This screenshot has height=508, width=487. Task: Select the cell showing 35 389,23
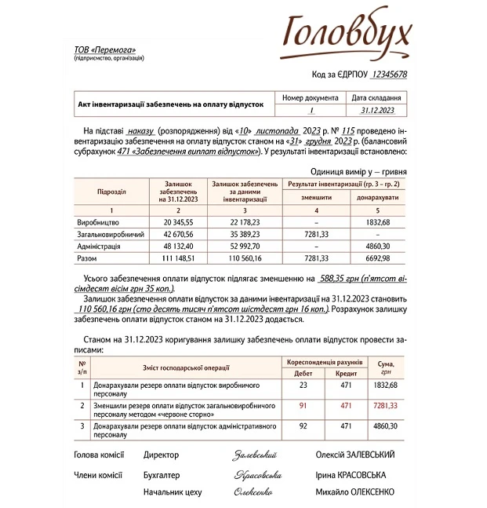point(243,234)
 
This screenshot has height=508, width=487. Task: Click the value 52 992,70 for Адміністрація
point(243,245)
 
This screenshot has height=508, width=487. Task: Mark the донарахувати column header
point(379,198)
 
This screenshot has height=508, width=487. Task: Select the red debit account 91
point(303,405)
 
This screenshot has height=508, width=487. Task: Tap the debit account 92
point(303,426)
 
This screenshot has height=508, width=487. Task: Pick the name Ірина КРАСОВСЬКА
point(355,475)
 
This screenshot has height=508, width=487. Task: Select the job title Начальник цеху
point(172,492)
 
